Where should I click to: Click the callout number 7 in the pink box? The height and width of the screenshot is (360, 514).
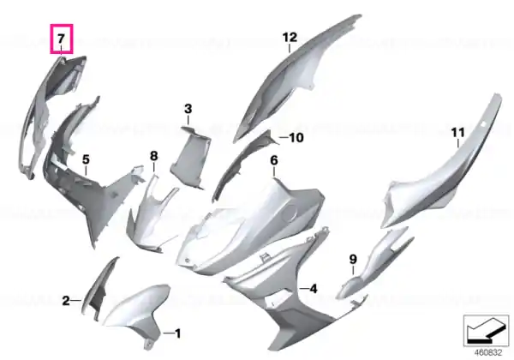pos(62,39)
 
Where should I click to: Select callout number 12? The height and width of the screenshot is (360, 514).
pos(290,37)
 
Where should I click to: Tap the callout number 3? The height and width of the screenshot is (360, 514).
pos(188,109)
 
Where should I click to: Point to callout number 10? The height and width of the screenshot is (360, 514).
pos(296,138)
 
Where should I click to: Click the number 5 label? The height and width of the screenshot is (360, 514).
pos(86,159)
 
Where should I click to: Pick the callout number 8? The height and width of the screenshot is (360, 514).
pos(153,156)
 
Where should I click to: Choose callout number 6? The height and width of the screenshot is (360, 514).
pos(274,160)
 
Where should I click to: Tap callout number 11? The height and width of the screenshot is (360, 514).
pos(457,133)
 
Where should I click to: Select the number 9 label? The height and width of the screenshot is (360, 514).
pos(353,260)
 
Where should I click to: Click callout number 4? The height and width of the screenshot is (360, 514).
pos(314,289)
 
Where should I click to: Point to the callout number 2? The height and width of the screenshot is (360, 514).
pos(66,300)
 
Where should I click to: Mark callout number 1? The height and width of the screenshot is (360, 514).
pos(177,333)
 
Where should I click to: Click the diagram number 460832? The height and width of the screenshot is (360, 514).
pos(488,353)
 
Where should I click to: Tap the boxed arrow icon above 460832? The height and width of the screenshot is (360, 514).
pos(486,331)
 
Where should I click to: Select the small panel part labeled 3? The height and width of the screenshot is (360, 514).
pos(190,158)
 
